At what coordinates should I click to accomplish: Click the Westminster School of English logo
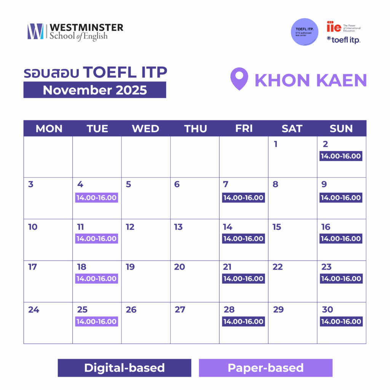[x=75, y=32]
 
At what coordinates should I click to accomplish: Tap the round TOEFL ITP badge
[x=304, y=32]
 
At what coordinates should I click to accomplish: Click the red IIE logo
[x=334, y=27]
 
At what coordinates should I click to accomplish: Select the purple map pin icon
[x=239, y=79]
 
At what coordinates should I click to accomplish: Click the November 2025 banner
[x=94, y=90]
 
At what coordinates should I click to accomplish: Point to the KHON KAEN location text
[x=310, y=80]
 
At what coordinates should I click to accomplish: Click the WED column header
[x=145, y=129]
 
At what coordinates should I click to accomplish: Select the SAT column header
[x=292, y=129]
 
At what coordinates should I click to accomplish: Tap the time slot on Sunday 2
[x=341, y=156]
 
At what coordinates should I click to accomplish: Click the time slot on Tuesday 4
[x=96, y=198]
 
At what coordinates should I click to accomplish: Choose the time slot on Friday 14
[x=243, y=239]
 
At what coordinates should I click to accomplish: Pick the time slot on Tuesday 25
[x=96, y=321]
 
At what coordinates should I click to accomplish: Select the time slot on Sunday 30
[x=341, y=321]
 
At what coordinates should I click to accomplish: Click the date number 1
[x=275, y=144]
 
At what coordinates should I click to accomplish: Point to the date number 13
[x=178, y=227]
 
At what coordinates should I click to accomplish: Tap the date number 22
[x=278, y=267]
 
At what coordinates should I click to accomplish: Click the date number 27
[x=180, y=310]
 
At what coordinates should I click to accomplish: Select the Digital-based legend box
[x=125, y=368]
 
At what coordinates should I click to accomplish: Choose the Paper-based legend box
[x=265, y=368]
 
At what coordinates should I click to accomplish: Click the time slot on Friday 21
[x=243, y=278]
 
